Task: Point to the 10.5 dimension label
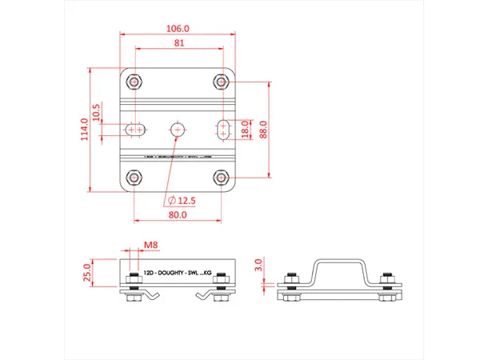tap(98, 112)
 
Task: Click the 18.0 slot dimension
tap(246, 129)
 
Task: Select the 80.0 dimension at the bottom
tap(178, 214)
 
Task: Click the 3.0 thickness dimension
tap(258, 263)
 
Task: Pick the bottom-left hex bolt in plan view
tap(134, 177)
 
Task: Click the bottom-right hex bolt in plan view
tap(222, 177)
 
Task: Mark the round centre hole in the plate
tap(178, 129)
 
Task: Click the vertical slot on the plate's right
tap(225, 129)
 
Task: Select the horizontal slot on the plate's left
tap(134, 129)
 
